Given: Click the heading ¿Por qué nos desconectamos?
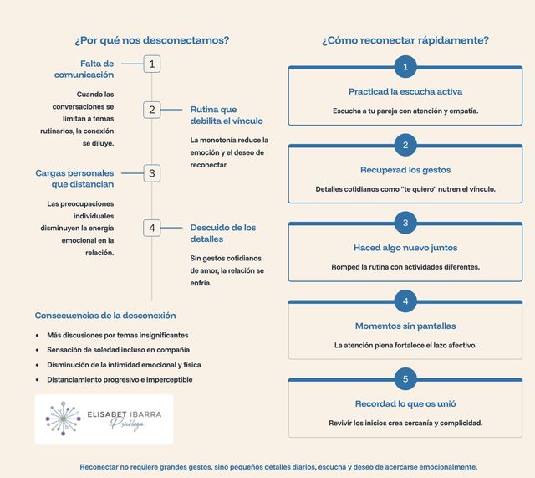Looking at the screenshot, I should (x=151, y=40).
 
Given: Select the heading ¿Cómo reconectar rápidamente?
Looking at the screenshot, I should (x=405, y=40).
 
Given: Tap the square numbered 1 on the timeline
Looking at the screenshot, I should (x=151, y=64).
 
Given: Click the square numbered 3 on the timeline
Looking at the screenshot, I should (x=151, y=173).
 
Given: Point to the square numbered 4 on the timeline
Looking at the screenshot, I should (x=151, y=228).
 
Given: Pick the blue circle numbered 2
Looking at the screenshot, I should (x=405, y=145).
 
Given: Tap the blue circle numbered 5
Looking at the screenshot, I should (x=405, y=379).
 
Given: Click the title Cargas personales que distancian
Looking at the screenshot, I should (x=74, y=178).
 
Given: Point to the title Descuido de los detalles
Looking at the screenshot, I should (x=223, y=233).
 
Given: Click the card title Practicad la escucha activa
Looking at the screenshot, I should (x=405, y=91).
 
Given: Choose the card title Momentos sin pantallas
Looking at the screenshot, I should (x=405, y=326).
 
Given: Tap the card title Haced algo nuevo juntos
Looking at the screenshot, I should (x=405, y=248).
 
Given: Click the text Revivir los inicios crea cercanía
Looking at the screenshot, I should (x=405, y=423).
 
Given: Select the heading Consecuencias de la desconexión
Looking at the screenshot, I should (x=105, y=316).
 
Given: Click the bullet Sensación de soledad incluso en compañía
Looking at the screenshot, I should (x=118, y=349).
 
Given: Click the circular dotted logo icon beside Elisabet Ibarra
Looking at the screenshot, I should (x=63, y=419).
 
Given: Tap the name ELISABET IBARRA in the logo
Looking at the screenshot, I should (x=126, y=414).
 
